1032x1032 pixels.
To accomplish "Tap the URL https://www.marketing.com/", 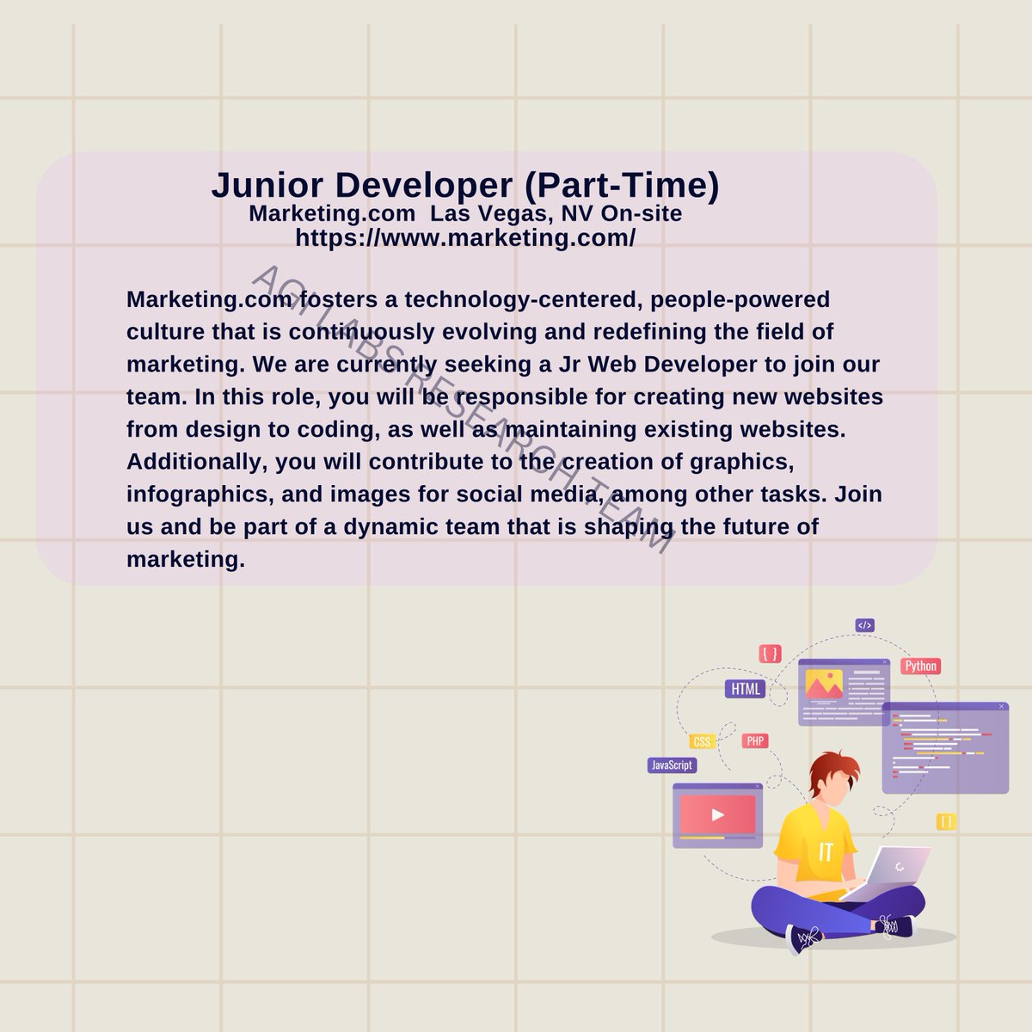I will [465, 238].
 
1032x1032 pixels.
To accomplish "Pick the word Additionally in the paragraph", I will [196, 461].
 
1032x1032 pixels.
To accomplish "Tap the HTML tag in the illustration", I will [745, 689].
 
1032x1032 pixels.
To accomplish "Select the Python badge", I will [920, 666].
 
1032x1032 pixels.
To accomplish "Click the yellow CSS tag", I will [703, 742].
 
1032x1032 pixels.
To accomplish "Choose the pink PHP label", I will [755, 741].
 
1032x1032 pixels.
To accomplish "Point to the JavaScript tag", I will [671, 765].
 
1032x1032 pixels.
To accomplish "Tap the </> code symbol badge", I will [864, 625].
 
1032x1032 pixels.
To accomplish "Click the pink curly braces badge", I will [770, 654].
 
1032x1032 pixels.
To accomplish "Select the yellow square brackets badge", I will [946, 821].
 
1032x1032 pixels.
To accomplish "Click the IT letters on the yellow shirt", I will [826, 851].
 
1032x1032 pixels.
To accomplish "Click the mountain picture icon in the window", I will [823, 685].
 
